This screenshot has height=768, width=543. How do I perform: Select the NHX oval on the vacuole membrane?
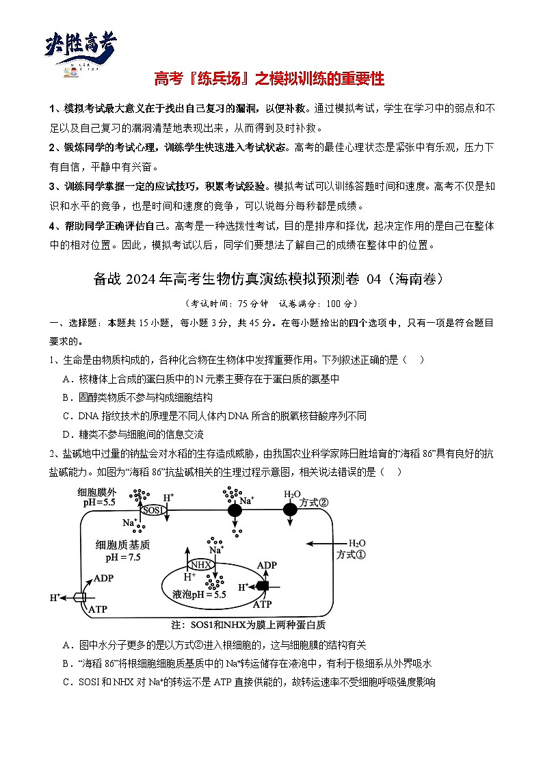point(200,564)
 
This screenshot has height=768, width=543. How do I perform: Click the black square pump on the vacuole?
point(261,586)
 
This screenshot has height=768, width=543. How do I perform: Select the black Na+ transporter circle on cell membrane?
point(235,510)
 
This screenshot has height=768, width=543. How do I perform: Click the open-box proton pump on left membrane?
point(80,597)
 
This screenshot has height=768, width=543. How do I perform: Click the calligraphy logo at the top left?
point(81,48)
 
